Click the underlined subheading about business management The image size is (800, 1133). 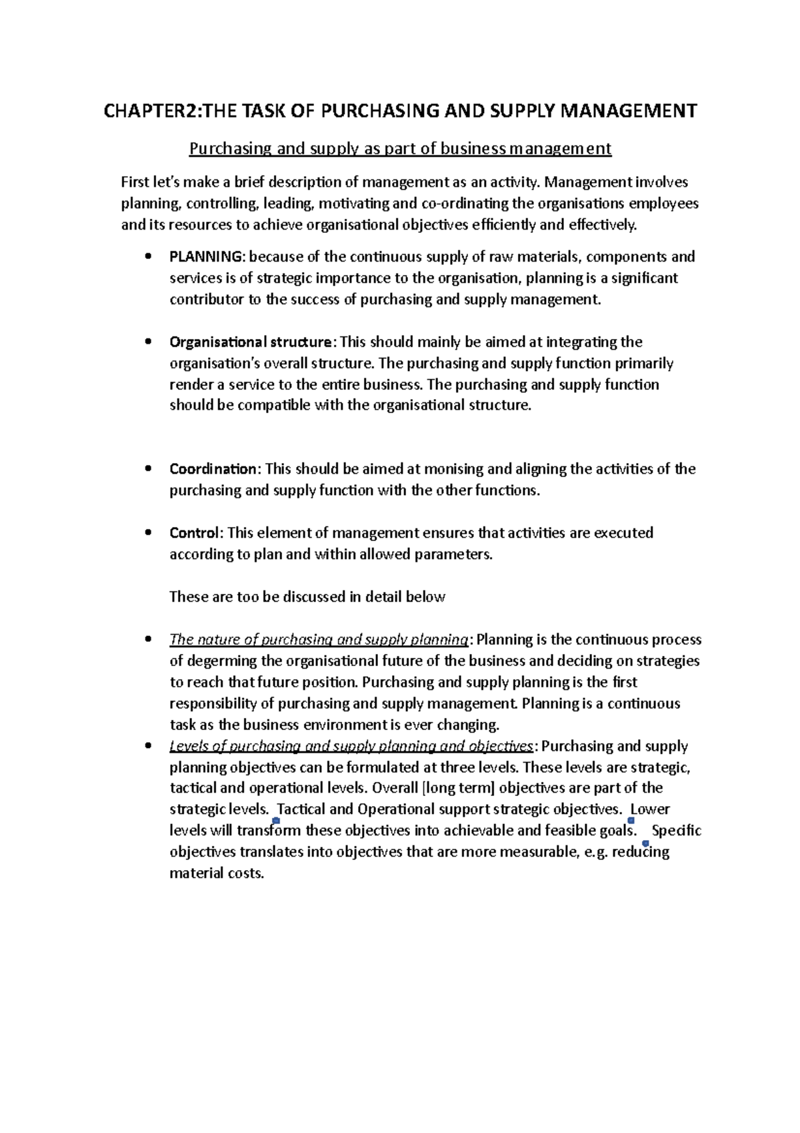400,148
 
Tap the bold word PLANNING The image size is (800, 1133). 207,257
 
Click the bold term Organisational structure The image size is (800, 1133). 250,342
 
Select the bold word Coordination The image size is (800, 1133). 213,469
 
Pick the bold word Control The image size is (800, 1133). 194,533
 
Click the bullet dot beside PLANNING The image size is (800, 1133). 148,256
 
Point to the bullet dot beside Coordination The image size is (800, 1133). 148,468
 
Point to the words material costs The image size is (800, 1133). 216,873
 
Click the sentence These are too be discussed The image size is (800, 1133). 307,597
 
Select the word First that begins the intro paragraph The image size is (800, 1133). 136,182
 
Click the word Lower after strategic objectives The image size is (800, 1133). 650,809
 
